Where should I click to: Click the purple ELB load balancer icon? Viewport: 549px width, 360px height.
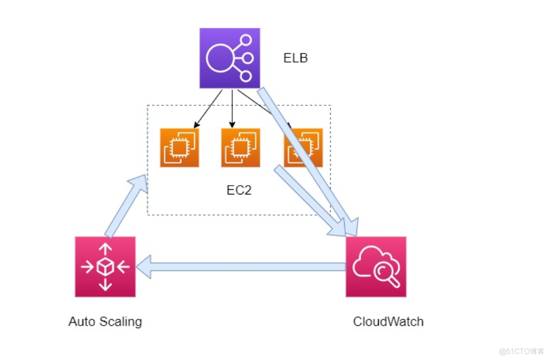point(230,58)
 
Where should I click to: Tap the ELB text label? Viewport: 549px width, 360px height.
point(296,58)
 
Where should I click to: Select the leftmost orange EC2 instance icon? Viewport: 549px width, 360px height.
point(179,148)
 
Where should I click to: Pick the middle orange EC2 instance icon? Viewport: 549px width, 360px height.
point(240,148)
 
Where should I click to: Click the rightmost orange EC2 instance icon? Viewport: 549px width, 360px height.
point(303,148)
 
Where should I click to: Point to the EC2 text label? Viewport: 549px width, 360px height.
point(239,190)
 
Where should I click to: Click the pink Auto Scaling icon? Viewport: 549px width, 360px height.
point(105,267)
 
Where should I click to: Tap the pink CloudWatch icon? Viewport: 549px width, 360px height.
point(376,267)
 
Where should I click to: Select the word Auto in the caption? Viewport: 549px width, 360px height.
point(81,322)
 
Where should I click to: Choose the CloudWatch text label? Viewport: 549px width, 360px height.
point(388,322)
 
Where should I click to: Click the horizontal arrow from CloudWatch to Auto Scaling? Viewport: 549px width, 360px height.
point(248,267)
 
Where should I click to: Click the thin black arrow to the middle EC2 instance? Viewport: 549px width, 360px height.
point(232,108)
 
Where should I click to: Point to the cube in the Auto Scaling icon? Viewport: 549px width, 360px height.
point(105,267)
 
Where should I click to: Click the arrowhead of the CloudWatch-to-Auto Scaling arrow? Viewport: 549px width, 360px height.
point(144,267)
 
